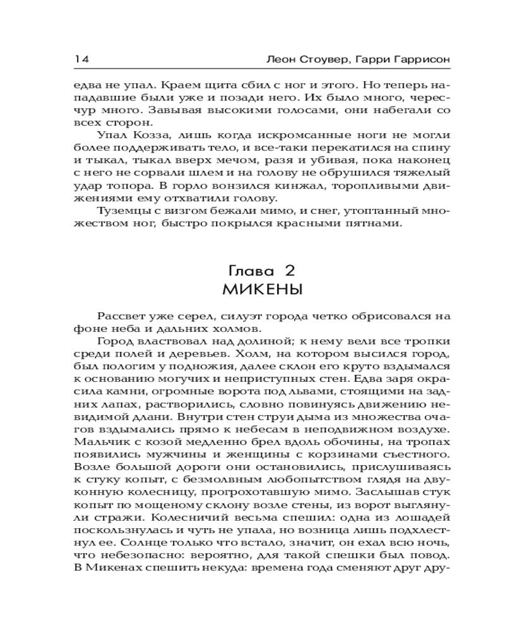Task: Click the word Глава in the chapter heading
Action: [x=248, y=271]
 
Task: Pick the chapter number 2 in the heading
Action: [x=290, y=271]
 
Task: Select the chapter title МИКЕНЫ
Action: [x=262, y=290]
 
